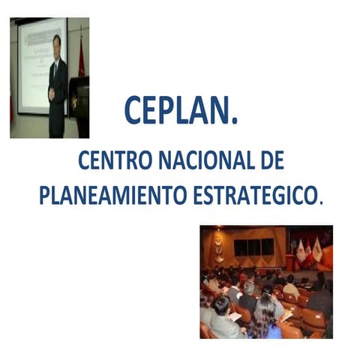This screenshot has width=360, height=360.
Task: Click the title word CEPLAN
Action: (180, 110)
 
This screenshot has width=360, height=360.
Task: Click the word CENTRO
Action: (113, 161)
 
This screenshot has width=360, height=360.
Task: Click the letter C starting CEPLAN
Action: (133, 111)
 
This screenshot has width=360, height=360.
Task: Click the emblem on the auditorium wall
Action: (218, 244)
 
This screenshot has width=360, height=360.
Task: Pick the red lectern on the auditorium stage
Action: (289, 262)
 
